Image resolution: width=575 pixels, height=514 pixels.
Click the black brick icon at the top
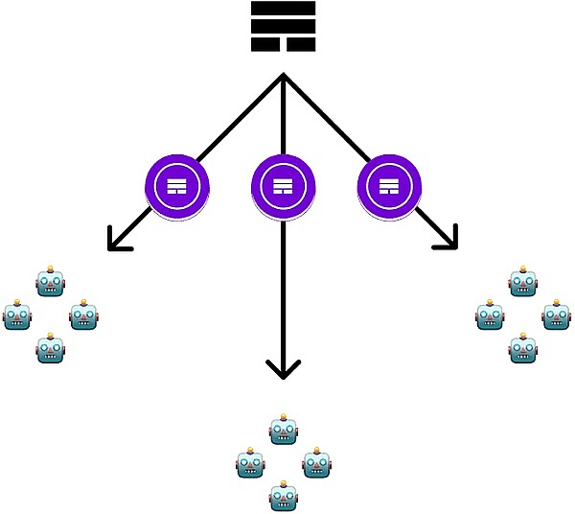[x=283, y=26]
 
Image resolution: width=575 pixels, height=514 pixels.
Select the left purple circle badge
[x=176, y=186]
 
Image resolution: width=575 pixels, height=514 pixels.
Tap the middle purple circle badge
[x=283, y=186]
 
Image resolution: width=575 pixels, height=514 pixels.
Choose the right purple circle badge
[x=389, y=186]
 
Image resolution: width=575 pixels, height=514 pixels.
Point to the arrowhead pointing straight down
[x=283, y=369]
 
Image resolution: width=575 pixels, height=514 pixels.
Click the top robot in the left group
[x=50, y=283]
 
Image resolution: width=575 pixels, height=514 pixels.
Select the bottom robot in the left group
[x=50, y=348]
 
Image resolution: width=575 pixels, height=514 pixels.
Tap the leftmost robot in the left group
[x=17, y=315]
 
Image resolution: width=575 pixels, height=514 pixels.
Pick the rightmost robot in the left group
[x=83, y=315]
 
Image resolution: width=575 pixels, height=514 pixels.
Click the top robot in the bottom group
[x=283, y=431]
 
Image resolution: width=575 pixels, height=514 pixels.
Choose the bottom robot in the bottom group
[x=283, y=497]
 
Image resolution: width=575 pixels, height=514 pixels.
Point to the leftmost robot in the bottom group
[x=250, y=464]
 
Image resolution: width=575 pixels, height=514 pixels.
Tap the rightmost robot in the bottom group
[x=316, y=464]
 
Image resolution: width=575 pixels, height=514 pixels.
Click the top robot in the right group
[x=522, y=282]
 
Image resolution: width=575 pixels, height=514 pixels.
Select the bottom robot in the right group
[x=522, y=348]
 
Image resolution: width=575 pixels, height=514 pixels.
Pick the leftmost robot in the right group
[x=490, y=315]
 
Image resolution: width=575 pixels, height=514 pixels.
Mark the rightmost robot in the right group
[x=556, y=315]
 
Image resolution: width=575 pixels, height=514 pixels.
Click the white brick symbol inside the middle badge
[x=283, y=186]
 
